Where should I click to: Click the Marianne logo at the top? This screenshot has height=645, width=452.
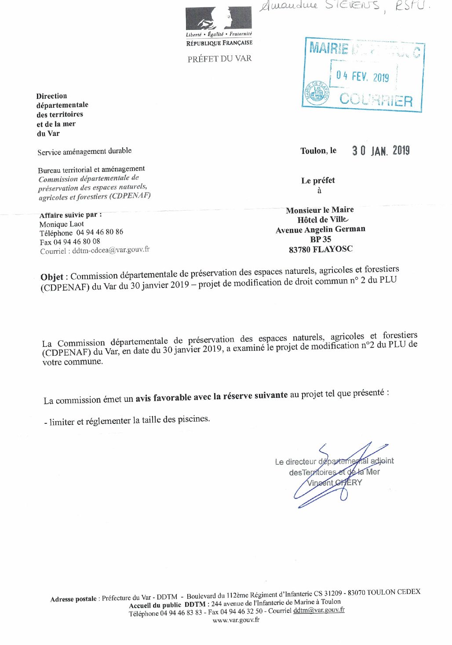coord(219,18)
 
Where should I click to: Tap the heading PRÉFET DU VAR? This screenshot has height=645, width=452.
coord(219,59)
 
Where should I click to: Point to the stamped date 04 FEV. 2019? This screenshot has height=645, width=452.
coord(363,77)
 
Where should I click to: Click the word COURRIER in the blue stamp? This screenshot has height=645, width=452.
coord(376,100)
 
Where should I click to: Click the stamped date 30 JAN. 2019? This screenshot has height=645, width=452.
coord(381,151)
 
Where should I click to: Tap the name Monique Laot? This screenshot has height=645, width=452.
coord(62,224)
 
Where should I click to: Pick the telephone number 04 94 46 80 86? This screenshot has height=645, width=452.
coord(100,232)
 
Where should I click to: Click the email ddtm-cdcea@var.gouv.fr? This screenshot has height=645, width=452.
coord(111,250)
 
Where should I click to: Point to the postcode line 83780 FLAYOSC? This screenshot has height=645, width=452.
coord(321,250)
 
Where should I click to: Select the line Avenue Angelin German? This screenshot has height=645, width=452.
coord(321,230)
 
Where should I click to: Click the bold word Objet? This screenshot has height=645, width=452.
coord(52,277)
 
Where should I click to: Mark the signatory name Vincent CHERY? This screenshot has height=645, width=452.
coord(335,482)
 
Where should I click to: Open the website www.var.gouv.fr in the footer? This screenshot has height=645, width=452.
coord(236,620)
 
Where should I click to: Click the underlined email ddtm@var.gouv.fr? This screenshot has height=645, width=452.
coord(319,610)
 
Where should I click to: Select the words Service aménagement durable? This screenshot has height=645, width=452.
coord(84,151)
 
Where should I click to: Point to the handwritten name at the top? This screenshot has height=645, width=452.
coord(343,6)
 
